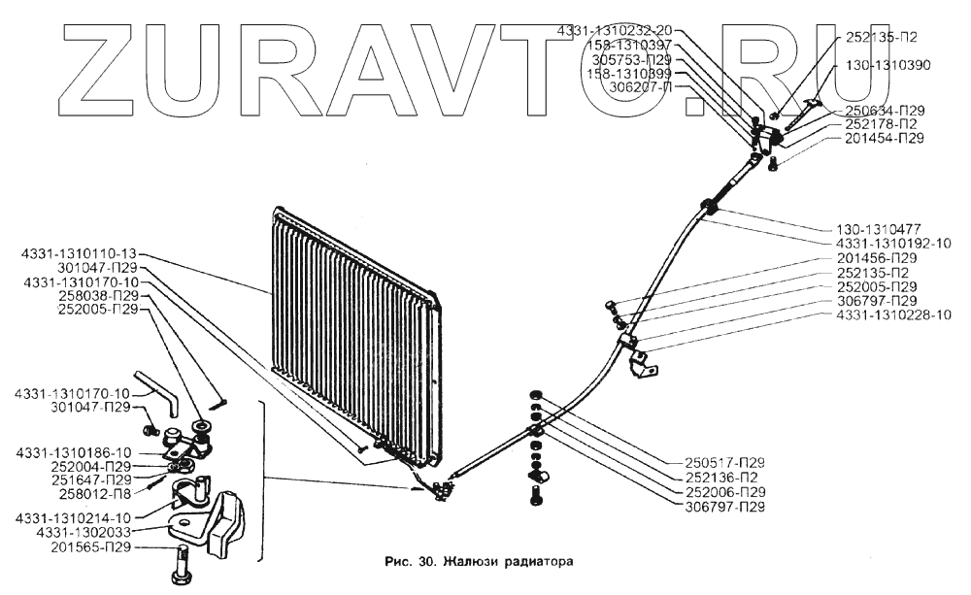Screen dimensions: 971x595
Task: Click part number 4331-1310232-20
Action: (x=619, y=32)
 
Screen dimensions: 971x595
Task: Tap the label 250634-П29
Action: (x=885, y=110)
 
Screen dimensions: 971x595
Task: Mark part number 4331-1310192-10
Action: (x=893, y=244)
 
